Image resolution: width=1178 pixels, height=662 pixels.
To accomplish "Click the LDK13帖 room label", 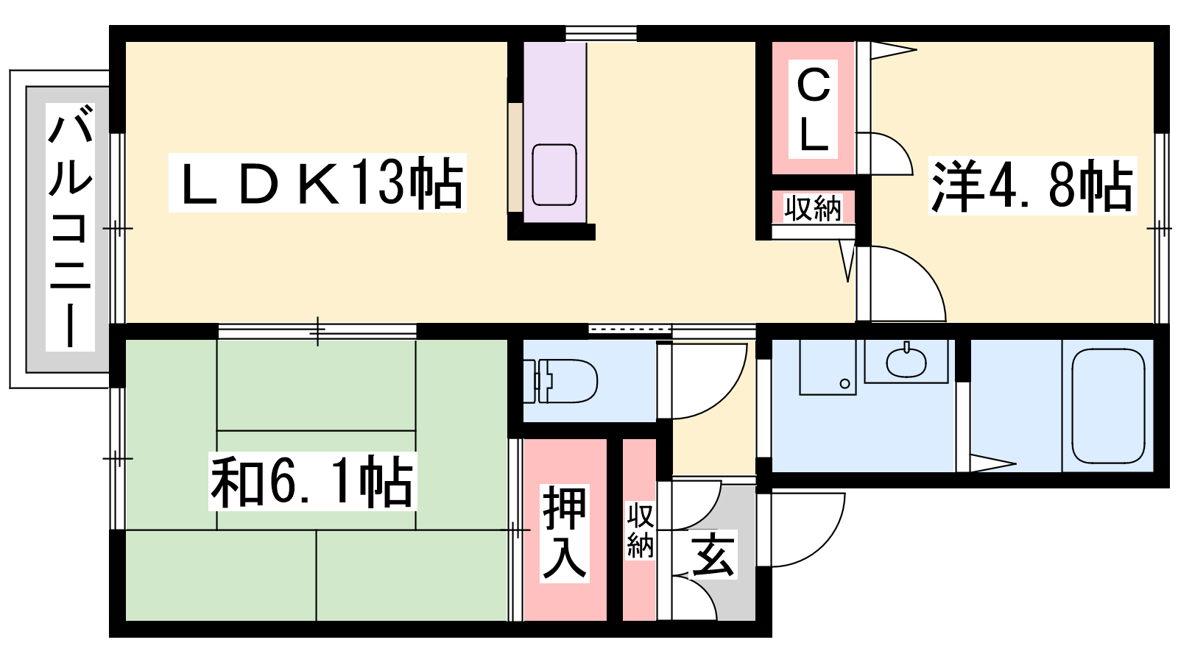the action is click(317, 183).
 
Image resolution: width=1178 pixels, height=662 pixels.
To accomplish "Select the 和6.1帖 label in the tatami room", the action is click(312, 481).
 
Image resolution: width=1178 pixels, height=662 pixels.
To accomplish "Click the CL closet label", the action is click(813, 110).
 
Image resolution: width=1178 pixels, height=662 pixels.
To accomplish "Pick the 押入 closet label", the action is click(565, 533).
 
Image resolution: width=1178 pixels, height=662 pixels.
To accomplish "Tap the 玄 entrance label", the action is click(712, 554).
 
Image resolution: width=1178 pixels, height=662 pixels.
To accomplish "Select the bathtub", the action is click(1108, 406).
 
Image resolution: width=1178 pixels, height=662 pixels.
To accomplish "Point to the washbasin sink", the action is click(906, 361).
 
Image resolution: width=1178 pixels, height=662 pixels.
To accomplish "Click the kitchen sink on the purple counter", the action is click(554, 175).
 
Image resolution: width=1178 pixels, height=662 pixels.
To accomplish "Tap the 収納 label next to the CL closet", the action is click(813, 208).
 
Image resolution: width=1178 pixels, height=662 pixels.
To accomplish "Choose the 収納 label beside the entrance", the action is click(640, 530).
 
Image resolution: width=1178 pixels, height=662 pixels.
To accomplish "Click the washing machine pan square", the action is click(828, 367).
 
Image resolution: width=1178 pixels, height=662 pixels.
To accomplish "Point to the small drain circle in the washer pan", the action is click(844, 383).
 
